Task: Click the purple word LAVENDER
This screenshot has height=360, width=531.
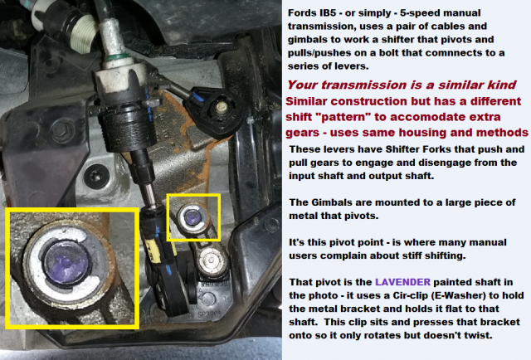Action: pyautogui.click(x=402, y=282)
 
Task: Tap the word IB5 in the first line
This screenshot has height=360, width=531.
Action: pyautogui.click(x=326, y=13)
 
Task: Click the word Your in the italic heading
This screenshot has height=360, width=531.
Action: pyautogui.click(x=302, y=85)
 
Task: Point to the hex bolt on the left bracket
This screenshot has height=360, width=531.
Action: pyautogui.click(x=63, y=129)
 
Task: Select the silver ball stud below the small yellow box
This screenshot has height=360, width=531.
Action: pyautogui.click(x=211, y=260)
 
